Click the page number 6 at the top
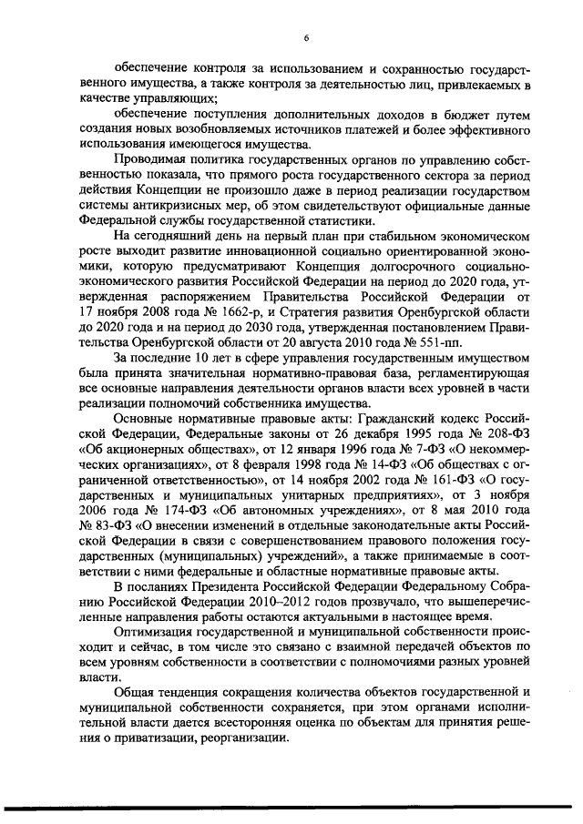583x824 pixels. (x=306, y=37)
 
